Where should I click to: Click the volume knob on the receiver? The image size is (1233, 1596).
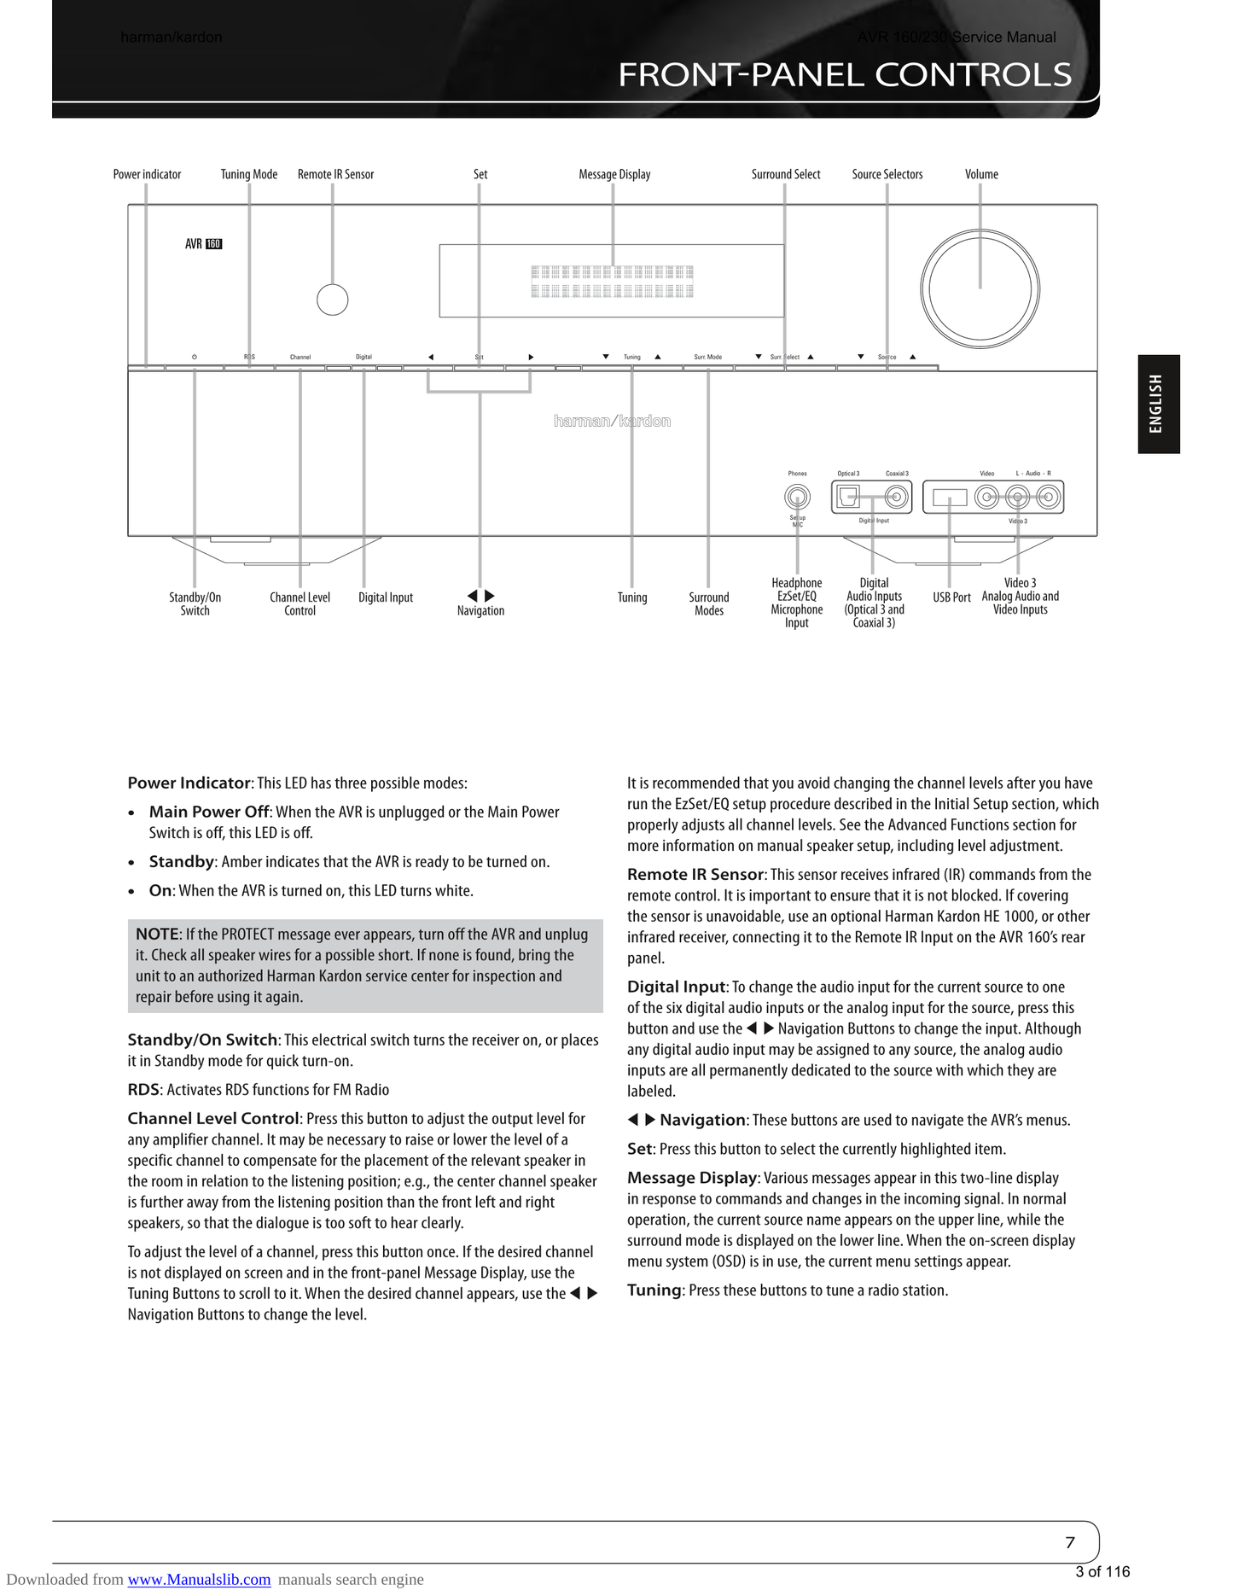980,289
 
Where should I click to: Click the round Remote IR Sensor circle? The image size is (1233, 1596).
332,300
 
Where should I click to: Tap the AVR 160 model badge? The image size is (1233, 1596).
203,244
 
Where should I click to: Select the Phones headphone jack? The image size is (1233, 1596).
797,497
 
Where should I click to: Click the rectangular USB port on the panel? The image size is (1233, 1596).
949,497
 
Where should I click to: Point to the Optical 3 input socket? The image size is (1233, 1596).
848,496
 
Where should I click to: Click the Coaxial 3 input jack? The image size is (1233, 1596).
896,496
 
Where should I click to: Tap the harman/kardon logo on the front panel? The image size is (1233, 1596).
612,421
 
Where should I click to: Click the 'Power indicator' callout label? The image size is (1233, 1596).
147,174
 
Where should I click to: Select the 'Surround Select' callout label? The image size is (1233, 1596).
785,174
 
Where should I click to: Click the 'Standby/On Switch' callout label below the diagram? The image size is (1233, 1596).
195,603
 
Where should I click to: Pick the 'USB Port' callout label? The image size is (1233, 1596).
951,597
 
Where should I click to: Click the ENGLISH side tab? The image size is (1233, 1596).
1158,404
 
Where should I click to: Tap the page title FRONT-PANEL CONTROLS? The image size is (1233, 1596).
844,75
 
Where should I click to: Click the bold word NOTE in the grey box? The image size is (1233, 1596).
157,934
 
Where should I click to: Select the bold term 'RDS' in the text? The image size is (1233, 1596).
143,1090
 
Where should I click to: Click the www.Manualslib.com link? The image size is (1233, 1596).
199,1579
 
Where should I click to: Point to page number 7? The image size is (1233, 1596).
1070,1542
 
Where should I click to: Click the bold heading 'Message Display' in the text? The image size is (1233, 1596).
692,1178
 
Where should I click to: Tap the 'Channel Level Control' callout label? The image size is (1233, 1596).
300,603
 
